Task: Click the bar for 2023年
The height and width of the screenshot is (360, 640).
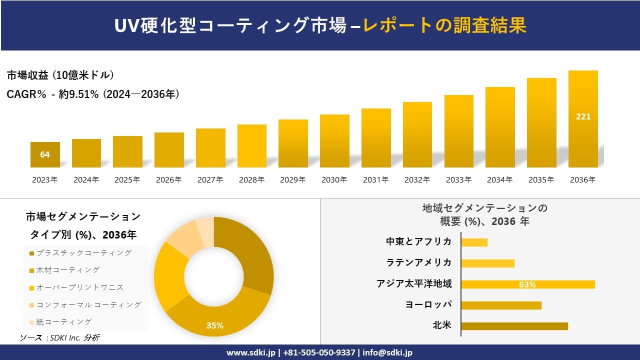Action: (x=45, y=154)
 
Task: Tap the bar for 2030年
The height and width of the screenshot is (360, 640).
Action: (x=334, y=141)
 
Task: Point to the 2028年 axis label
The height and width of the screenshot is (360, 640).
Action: (x=251, y=180)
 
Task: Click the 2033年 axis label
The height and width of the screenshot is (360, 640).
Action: (x=458, y=180)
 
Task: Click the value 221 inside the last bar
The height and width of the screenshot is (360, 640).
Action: (x=583, y=116)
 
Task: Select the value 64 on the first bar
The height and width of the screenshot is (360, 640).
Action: (x=45, y=154)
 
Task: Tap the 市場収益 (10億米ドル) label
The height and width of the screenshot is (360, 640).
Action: (x=60, y=75)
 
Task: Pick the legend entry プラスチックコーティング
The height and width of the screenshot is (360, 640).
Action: (x=83, y=253)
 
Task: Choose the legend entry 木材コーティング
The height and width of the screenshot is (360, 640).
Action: (x=67, y=270)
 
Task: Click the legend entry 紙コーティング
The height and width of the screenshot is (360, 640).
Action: (x=63, y=321)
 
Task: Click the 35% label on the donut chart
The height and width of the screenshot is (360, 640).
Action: (x=215, y=325)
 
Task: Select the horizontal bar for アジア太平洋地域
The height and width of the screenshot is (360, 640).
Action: (x=527, y=284)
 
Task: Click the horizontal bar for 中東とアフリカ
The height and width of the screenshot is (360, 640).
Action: (x=474, y=242)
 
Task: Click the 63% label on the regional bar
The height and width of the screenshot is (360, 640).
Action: (x=527, y=284)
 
